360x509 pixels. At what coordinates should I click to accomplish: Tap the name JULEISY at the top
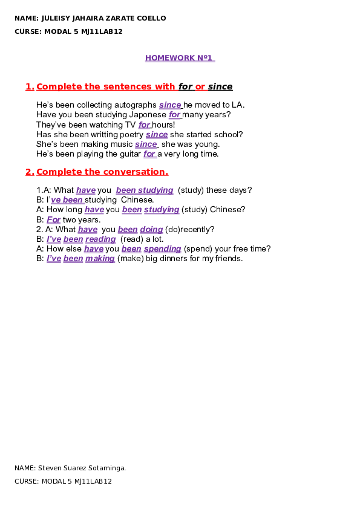pyautogui.click(x=56, y=18)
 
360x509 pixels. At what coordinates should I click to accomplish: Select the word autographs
pyautogui.click(x=137, y=105)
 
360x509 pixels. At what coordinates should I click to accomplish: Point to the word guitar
pyautogui.click(x=130, y=154)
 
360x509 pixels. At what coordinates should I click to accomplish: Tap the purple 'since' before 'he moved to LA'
pyautogui.click(x=170, y=105)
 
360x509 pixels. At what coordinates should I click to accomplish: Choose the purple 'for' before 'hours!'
pyautogui.click(x=144, y=125)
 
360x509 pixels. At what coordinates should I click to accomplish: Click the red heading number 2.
pyautogui.click(x=30, y=172)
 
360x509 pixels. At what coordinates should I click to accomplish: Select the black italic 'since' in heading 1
pyautogui.click(x=220, y=86)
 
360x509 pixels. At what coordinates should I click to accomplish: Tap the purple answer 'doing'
pyautogui.click(x=151, y=230)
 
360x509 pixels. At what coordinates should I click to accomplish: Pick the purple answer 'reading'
pyautogui.click(x=100, y=239)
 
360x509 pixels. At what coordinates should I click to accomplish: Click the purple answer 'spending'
pyautogui.click(x=163, y=249)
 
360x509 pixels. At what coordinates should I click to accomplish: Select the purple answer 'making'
pyautogui.click(x=100, y=259)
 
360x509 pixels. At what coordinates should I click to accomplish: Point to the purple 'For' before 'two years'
pyautogui.click(x=54, y=220)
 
